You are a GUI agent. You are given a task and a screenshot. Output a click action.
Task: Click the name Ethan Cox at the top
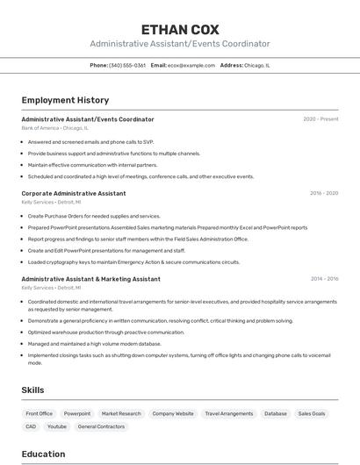click(180, 30)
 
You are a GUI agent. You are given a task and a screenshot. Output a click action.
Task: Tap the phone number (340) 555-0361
click(127, 65)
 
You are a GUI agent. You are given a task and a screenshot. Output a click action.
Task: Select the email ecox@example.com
click(191, 65)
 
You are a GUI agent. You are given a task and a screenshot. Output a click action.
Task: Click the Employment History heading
click(65, 100)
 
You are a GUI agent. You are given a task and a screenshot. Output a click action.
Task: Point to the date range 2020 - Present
click(320, 119)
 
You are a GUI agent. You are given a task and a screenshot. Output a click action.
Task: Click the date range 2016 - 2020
click(323, 193)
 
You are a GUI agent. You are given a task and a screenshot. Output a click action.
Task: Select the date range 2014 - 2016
click(324, 279)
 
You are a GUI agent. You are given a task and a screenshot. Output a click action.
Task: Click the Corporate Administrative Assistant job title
click(74, 193)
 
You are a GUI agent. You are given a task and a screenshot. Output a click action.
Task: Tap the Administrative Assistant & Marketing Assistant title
click(90, 279)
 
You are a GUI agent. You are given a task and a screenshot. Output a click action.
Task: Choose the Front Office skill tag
click(40, 413)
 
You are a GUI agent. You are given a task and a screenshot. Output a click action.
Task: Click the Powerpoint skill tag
click(77, 413)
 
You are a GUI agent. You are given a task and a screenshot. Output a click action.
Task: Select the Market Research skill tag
click(121, 413)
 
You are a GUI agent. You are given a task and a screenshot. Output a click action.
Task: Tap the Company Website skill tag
click(173, 413)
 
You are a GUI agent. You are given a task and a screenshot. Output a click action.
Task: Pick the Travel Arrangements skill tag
click(229, 413)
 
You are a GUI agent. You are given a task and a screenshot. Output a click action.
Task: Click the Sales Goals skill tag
click(312, 413)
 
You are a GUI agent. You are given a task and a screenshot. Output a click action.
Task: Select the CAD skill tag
click(31, 426)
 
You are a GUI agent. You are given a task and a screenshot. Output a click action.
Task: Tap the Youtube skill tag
click(57, 426)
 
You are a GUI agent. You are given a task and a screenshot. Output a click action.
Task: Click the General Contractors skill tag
click(101, 426)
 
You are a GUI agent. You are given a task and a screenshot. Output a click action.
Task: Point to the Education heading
click(43, 454)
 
